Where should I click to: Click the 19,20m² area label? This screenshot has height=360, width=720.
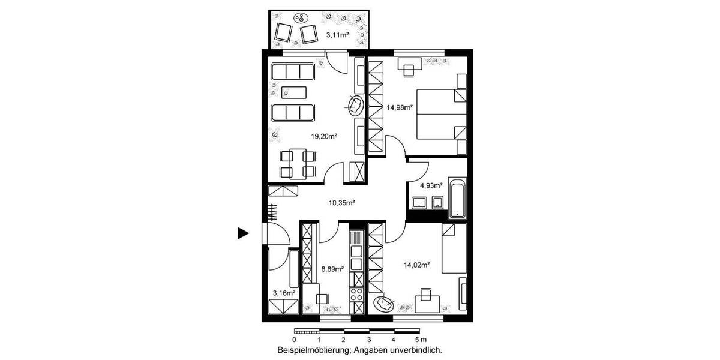[323, 136]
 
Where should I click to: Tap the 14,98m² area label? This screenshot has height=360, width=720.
[399, 108]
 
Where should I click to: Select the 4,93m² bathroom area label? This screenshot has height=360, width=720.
[431, 185]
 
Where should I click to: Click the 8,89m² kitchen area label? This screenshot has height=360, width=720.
[332, 269]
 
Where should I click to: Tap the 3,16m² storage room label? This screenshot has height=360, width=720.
[284, 293]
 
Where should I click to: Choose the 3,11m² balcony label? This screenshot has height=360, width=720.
[337, 35]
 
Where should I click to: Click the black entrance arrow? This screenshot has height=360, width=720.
[242, 233]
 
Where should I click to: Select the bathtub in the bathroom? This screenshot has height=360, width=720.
[457, 197]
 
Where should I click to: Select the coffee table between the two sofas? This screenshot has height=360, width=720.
[295, 92]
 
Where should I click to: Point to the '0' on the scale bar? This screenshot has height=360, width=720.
[295, 339]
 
